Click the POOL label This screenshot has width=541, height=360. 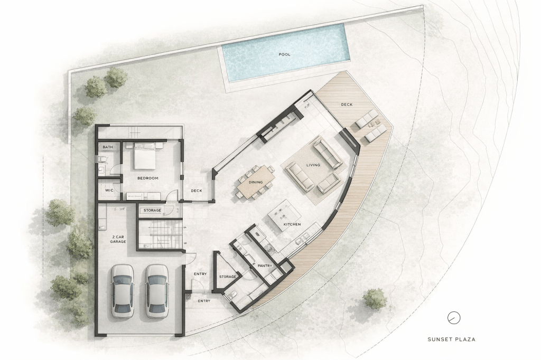[284, 54]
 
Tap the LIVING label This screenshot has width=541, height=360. [313, 165]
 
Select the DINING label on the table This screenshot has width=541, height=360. [255, 182]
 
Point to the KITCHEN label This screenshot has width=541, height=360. [292, 224]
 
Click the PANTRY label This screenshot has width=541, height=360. [265, 266]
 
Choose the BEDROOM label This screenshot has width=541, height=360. [148, 178]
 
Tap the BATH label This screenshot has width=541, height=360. [108, 147]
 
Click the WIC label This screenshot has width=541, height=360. [109, 191]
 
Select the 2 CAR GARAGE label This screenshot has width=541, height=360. [118, 239]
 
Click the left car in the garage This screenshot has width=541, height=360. [123, 291]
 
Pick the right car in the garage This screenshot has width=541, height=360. [156, 291]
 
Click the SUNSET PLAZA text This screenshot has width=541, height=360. [451, 339]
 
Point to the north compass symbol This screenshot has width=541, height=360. [453, 318]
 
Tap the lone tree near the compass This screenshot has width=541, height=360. [375, 298]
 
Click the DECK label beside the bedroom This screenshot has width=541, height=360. [197, 191]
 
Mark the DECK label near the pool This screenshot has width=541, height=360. [347, 105]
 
